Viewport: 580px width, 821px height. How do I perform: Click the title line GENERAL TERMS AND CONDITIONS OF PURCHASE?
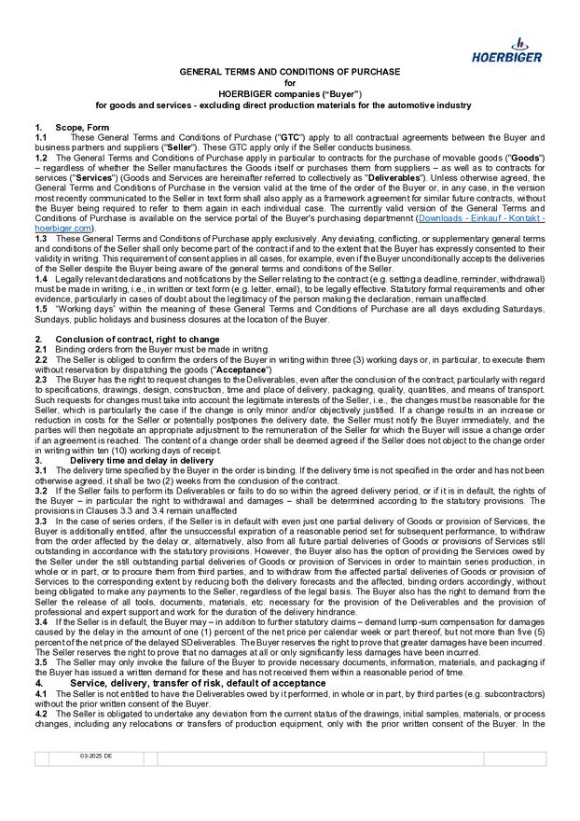click(290, 72)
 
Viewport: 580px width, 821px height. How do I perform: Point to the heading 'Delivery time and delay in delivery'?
click(142, 460)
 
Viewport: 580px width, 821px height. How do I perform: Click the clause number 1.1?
click(41, 137)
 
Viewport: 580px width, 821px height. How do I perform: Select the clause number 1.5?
click(41, 307)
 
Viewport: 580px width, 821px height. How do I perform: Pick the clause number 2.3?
click(41, 381)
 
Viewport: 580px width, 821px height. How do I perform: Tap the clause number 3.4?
click(41, 619)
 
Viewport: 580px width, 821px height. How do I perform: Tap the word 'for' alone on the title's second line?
click(290, 83)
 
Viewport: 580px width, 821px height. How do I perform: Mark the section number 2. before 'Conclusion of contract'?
click(38, 339)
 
